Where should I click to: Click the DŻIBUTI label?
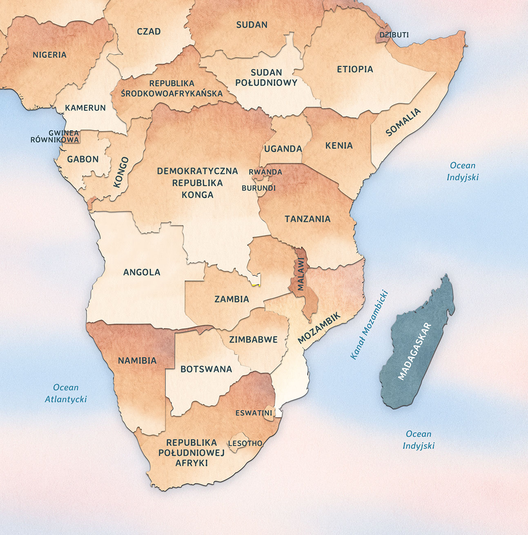(x=394, y=35)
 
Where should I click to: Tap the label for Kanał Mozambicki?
(x=369, y=325)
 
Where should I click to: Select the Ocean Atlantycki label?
(x=66, y=393)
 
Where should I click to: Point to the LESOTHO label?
(x=245, y=443)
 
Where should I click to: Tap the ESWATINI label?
(x=254, y=413)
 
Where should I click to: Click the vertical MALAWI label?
(x=301, y=274)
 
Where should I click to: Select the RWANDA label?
(x=265, y=172)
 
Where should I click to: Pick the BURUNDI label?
(x=258, y=188)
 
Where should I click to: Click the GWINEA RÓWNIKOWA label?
(x=55, y=136)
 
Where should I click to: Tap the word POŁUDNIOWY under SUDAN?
(x=266, y=82)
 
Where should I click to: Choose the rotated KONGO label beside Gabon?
(x=121, y=172)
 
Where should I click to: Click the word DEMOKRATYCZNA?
(x=197, y=171)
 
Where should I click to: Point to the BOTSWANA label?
(x=206, y=369)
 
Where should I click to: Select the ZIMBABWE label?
(x=253, y=340)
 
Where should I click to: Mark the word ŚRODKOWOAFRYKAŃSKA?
(x=172, y=93)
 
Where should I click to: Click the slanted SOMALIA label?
(x=403, y=122)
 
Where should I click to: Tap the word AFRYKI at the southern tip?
(x=192, y=463)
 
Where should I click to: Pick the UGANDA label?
(x=283, y=149)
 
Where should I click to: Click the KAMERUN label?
(x=85, y=108)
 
